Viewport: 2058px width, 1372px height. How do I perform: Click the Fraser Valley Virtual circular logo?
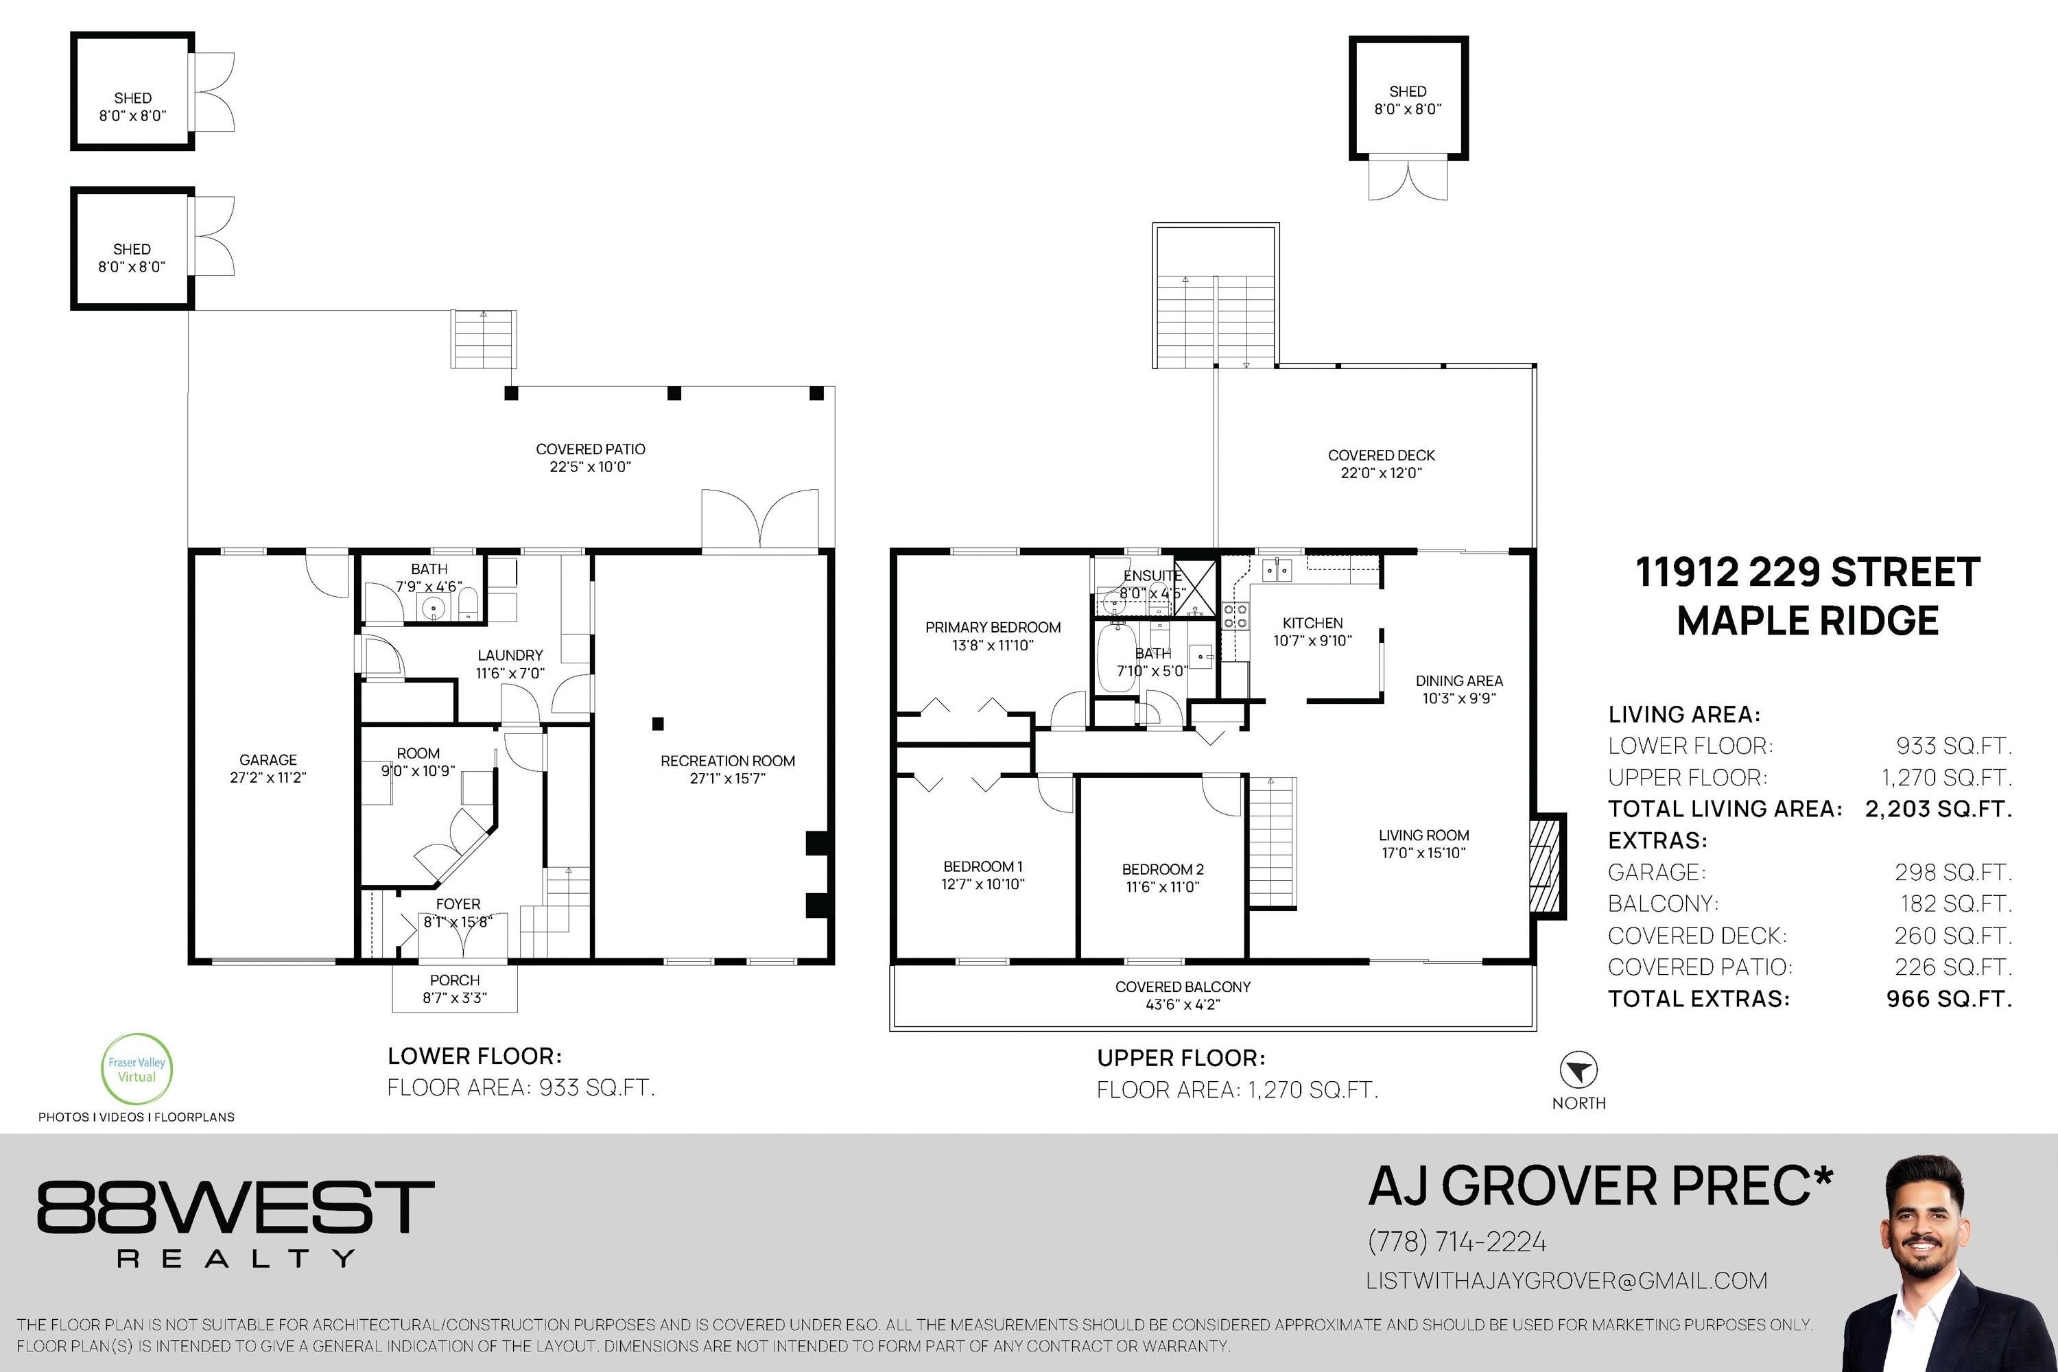[137, 1069]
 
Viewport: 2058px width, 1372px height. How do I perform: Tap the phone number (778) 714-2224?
[1457, 1242]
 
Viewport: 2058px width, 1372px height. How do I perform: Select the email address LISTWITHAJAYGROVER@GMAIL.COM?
[1566, 1281]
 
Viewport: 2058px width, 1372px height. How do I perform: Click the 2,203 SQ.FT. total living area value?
[1938, 809]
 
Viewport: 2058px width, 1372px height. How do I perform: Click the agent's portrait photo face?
[1924, 1229]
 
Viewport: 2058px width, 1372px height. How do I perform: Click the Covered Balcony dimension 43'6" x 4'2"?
[1183, 1004]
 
